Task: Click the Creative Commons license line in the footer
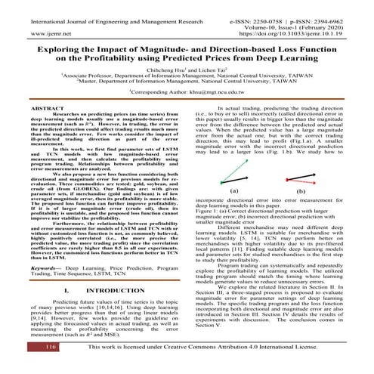coord(220,368)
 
